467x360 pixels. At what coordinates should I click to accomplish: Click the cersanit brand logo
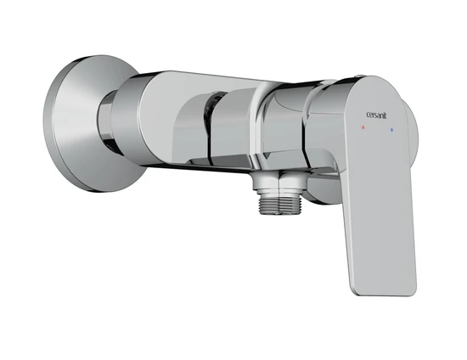(376, 115)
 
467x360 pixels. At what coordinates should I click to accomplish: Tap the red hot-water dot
(363, 127)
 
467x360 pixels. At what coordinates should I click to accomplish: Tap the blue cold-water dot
(391, 130)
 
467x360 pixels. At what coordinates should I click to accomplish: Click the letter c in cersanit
(368, 115)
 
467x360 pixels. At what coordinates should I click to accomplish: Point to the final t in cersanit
(385, 115)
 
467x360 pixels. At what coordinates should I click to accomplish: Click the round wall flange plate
(93, 124)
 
